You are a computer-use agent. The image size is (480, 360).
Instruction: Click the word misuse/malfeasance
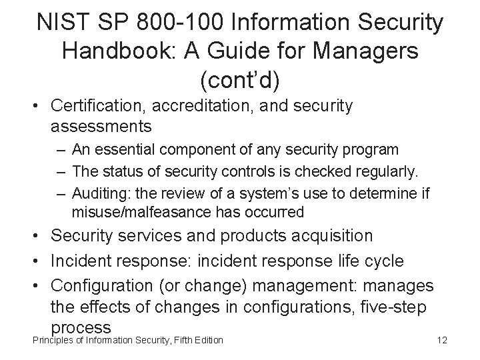(x=140, y=213)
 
